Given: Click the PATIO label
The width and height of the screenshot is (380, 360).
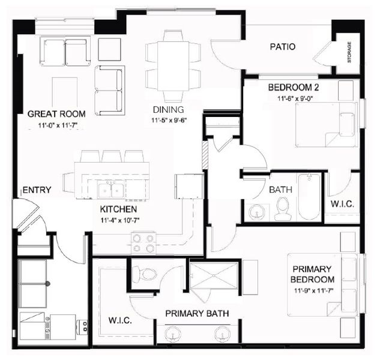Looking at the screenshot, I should coord(282,47).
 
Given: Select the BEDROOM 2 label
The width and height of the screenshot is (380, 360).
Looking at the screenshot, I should coord(293,88).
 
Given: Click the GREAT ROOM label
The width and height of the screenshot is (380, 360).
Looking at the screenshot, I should coord(56,113).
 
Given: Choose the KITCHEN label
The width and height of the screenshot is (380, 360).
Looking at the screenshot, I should coord(119,209).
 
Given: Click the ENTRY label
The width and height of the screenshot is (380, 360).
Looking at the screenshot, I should coord(37,190).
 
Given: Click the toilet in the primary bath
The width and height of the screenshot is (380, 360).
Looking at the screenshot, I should coord(145,275).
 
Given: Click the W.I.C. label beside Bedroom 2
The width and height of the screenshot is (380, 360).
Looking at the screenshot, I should coord(342,205).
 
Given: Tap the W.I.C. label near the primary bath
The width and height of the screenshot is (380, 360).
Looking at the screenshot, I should coord(120,320).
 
